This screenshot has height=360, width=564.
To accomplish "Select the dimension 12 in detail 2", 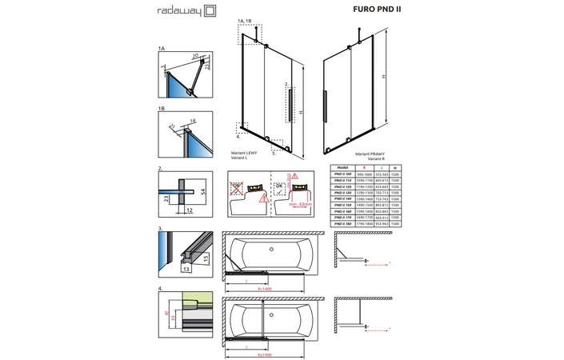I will click(188, 210).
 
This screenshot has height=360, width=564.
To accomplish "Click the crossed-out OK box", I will click(237, 190).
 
